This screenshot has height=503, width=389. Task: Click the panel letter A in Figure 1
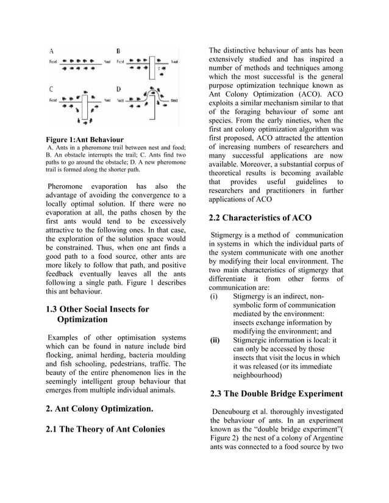tap(51, 51)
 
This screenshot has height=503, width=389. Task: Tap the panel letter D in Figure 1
tap(118, 88)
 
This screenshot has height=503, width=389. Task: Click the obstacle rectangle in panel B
tap(150, 68)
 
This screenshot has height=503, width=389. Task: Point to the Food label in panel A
tap(53, 62)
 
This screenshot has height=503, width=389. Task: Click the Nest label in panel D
tap(174, 100)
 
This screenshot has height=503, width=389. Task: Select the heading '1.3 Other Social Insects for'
tap(98, 309)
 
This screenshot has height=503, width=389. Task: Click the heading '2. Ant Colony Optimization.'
tap(100, 407)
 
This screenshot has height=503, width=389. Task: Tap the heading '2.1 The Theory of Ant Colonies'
tap(105, 430)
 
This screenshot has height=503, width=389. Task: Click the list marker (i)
tap(213, 297)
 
